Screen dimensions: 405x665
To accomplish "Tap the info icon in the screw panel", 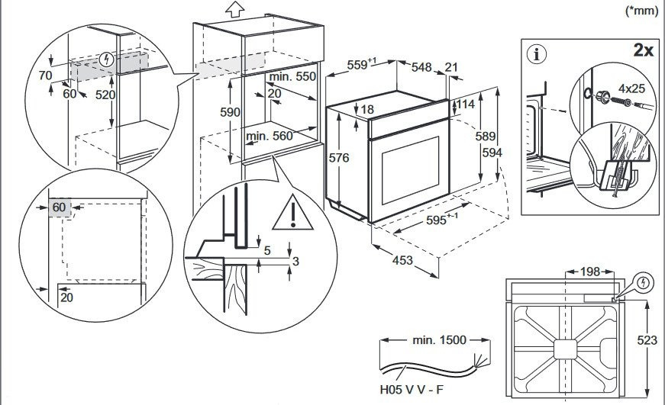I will [x=539, y=54].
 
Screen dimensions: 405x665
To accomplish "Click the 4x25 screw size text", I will [x=631, y=88].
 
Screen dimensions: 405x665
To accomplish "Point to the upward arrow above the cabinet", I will [x=235, y=9].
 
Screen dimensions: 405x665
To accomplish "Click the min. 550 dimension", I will [x=292, y=77].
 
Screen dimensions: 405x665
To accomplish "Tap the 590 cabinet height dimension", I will [x=230, y=112].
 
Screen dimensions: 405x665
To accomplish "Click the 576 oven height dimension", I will [x=338, y=158].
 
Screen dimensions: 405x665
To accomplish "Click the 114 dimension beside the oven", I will [x=466, y=104].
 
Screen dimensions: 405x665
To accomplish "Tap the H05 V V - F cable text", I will [x=412, y=391].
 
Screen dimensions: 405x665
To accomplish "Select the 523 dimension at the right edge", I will [x=647, y=340].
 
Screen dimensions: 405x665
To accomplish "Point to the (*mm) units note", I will [x=642, y=11].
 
